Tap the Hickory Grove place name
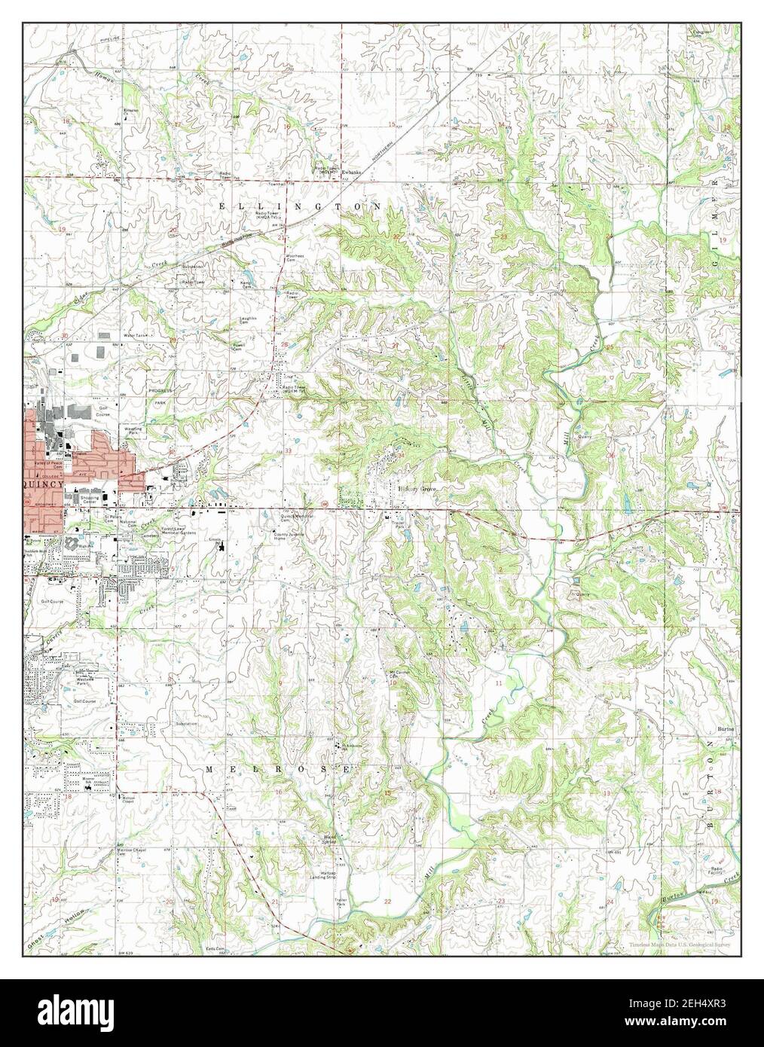[x=417, y=488]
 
